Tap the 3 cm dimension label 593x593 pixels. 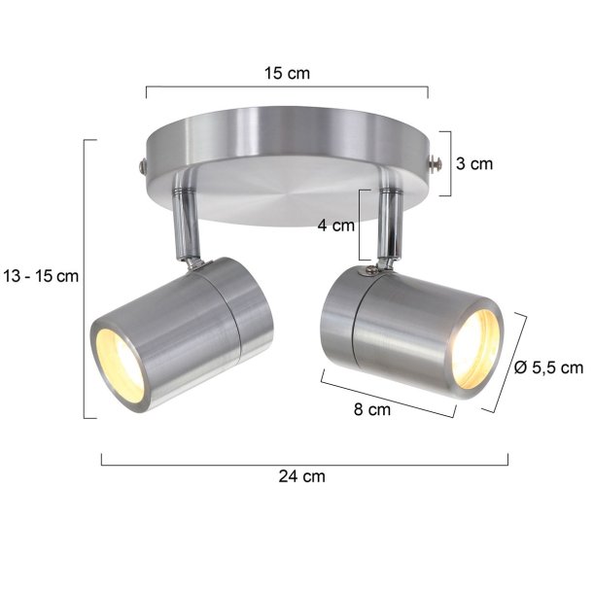click(x=474, y=163)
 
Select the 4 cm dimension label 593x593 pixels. click(x=336, y=227)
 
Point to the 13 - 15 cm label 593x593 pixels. click(x=40, y=276)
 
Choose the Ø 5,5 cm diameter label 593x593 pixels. click(x=547, y=366)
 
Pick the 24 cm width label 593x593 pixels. click(x=302, y=476)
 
